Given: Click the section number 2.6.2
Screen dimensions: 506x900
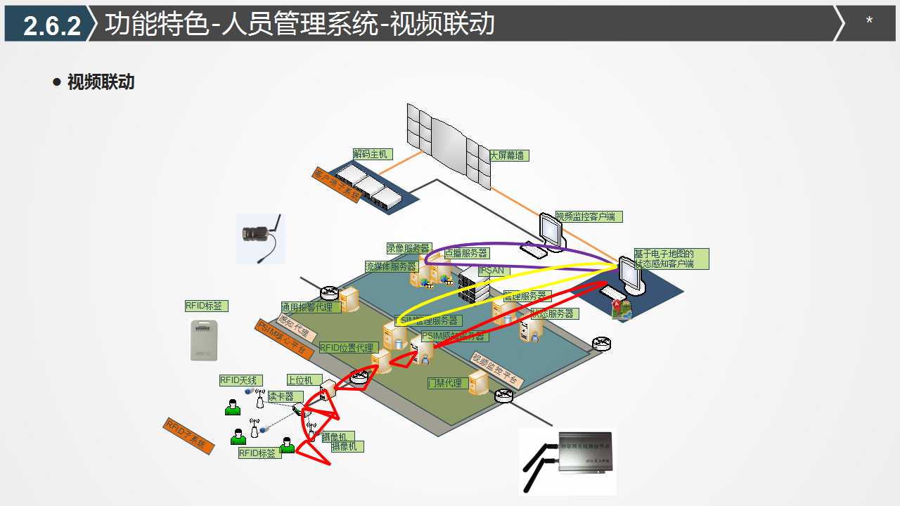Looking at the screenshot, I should (x=52, y=25).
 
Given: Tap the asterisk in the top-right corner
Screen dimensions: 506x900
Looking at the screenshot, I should (x=869, y=22).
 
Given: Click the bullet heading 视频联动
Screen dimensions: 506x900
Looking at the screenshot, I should (x=101, y=82).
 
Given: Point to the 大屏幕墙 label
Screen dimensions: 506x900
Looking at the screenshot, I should (x=508, y=155).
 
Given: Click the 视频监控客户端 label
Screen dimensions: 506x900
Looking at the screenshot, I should (x=589, y=216).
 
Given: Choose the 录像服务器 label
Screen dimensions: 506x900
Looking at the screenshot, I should (x=409, y=248).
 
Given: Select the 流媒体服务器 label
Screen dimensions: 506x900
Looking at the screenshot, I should (x=391, y=266).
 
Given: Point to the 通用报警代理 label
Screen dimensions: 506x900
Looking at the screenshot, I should (x=311, y=307).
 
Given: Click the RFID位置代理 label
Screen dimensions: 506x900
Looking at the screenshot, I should (x=349, y=348).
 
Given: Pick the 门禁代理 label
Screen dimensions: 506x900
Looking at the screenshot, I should (x=446, y=383).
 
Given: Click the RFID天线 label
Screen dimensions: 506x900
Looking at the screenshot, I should (x=239, y=380).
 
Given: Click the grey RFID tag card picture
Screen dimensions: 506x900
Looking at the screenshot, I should (x=203, y=340).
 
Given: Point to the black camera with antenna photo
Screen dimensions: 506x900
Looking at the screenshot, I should (x=260, y=238).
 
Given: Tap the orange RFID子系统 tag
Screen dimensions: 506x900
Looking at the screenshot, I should (x=188, y=436).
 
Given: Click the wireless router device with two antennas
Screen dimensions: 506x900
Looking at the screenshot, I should (x=568, y=460).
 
